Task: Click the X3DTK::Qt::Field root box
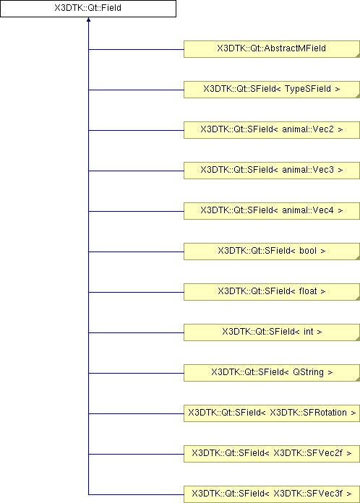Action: (88, 9)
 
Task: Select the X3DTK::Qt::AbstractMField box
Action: (271, 49)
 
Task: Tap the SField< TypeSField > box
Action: (271, 90)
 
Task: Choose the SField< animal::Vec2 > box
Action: (271, 130)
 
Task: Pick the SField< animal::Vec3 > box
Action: (271, 171)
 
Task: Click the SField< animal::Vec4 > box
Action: (271, 211)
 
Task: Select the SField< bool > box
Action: (271, 252)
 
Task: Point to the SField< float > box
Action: (271, 291)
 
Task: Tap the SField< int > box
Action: (271, 332)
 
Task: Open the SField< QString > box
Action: (271, 372)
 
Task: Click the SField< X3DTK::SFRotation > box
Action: (271, 413)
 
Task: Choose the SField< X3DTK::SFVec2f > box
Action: (271, 453)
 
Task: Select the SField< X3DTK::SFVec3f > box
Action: (271, 494)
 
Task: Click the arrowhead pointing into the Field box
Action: (89, 20)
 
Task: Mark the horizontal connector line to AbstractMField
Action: (136, 49)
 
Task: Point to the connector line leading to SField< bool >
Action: (136, 252)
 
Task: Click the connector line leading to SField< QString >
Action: (136, 373)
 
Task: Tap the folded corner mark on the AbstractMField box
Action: (358, 56)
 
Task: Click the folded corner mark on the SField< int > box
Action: (358, 339)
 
